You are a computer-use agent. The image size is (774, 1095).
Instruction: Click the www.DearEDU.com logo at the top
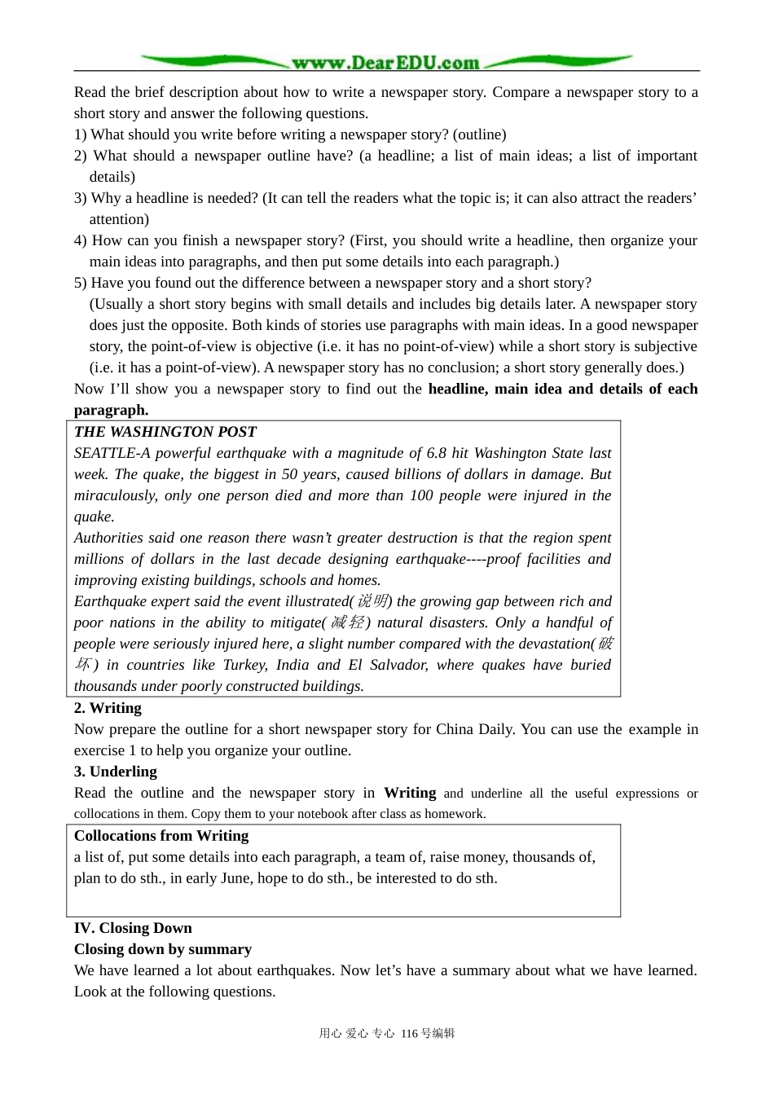(385, 62)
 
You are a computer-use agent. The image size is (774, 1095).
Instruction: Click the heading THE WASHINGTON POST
(165, 432)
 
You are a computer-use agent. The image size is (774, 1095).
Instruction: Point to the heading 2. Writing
(108, 708)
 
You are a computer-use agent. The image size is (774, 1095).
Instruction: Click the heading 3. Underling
(115, 772)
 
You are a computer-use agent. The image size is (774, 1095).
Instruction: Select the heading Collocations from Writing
(161, 835)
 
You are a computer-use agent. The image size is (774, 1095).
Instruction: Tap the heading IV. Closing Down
(133, 928)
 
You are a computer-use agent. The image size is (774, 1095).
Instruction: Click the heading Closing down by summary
(163, 949)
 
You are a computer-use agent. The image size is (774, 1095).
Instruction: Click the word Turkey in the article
(245, 665)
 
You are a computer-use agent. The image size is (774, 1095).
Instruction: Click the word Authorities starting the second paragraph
(108, 538)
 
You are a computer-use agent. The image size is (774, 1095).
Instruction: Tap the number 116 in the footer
(408, 1033)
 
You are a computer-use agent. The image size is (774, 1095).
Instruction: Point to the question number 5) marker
(81, 283)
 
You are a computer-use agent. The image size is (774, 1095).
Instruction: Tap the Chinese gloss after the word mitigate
(348, 622)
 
